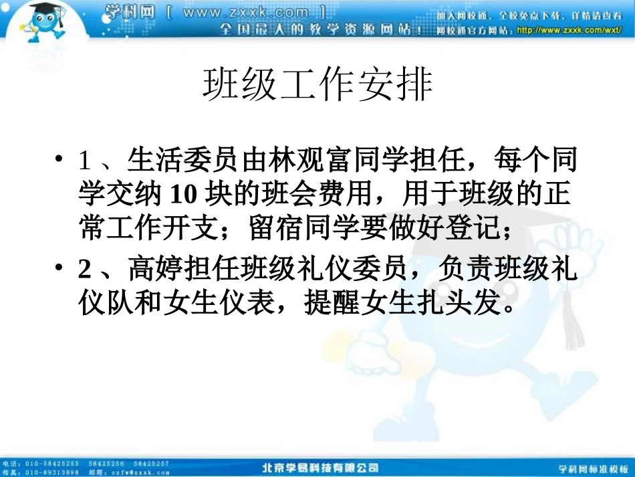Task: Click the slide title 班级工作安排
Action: coord(317,85)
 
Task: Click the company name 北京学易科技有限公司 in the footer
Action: coord(320,467)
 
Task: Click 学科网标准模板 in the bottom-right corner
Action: coord(594,468)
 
